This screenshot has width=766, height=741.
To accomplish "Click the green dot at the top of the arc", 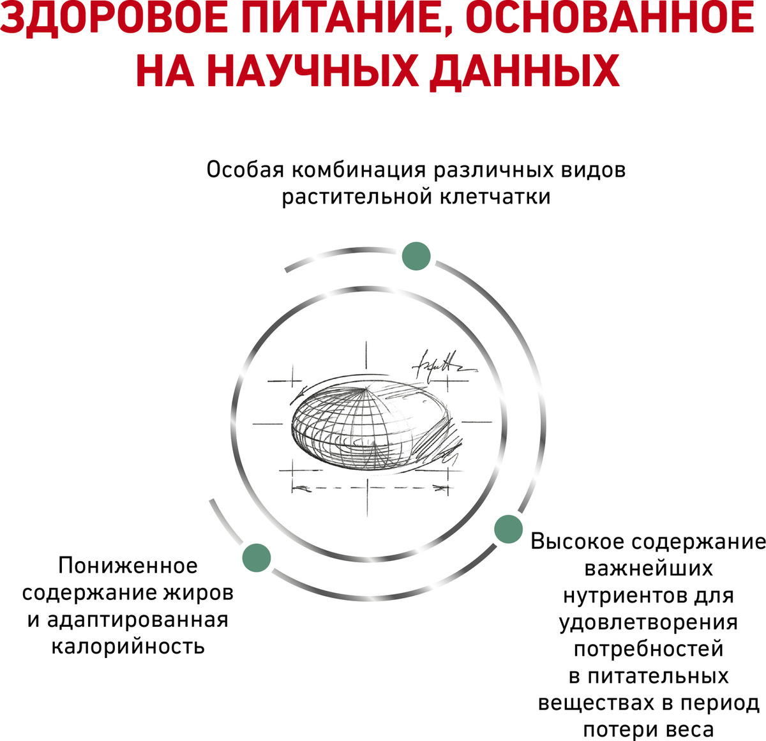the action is tap(416, 256).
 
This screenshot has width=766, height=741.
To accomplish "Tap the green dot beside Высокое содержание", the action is tap(508, 529).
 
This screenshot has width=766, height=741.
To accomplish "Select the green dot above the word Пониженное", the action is tap(256, 558).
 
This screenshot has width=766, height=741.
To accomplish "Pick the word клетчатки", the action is tap(495, 197).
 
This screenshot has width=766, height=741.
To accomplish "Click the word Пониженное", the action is tap(128, 565).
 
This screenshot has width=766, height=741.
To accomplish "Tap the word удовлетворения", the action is tap(649, 622).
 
